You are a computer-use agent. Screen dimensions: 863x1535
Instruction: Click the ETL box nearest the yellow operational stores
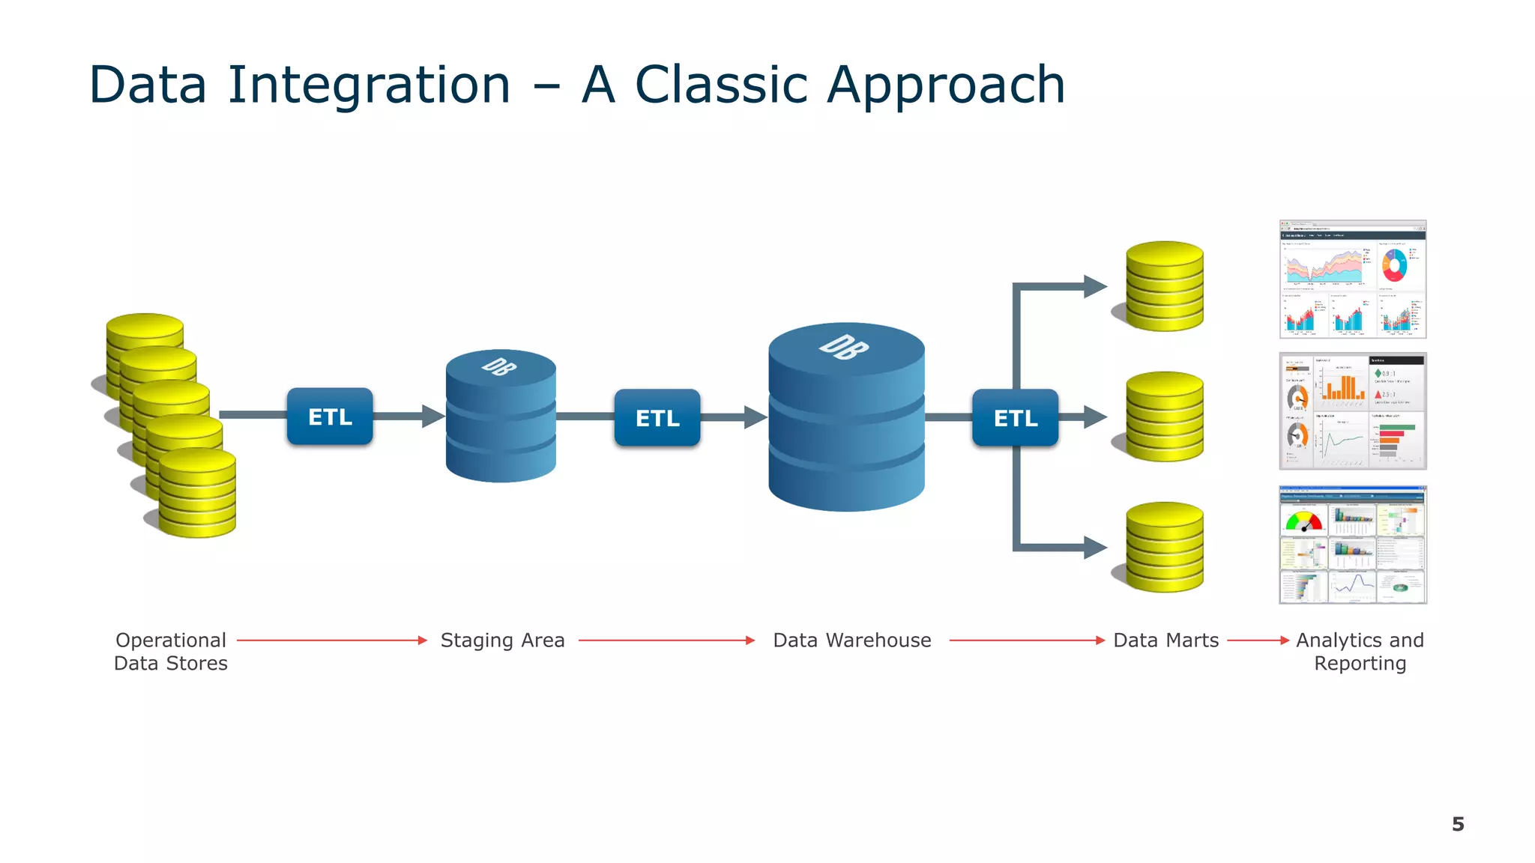pos(330,417)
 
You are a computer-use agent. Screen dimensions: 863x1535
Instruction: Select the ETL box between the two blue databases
pos(657,417)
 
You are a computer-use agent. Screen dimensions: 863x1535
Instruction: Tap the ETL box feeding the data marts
pos(1016,417)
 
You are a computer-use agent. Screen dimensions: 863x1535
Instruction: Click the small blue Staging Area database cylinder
pos(501,420)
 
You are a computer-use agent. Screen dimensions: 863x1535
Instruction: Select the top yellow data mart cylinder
pos(1165,286)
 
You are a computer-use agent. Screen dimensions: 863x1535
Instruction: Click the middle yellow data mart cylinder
pos(1165,417)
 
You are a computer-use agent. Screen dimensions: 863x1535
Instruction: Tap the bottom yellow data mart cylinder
pos(1165,547)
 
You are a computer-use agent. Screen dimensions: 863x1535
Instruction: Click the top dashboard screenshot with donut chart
pos(1352,279)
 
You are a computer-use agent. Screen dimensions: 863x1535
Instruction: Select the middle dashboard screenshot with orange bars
pos(1352,411)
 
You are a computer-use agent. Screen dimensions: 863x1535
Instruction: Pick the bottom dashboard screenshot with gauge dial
pos(1352,545)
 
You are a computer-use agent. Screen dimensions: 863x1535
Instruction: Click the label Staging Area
pos(502,641)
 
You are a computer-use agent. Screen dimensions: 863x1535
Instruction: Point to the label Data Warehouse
pos(852,641)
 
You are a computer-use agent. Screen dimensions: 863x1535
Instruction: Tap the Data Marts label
pos(1165,641)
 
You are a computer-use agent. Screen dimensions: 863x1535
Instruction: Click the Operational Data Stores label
pos(171,652)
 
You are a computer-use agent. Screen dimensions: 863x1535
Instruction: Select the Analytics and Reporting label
pos(1360,652)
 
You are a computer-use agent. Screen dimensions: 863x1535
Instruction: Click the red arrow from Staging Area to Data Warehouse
pos(666,641)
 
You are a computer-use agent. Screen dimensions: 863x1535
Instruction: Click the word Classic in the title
pos(721,84)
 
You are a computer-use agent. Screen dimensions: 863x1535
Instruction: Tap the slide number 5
pos(1457,824)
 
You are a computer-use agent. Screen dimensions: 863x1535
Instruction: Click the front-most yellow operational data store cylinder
pos(197,494)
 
